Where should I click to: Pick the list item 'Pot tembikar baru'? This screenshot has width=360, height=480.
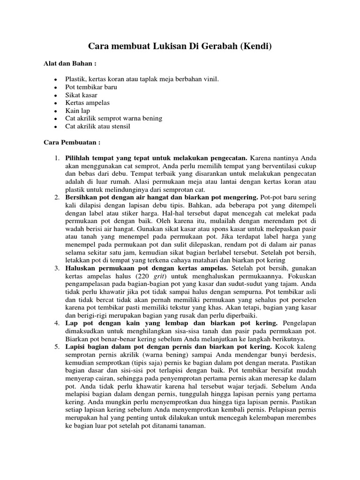(x=91, y=87)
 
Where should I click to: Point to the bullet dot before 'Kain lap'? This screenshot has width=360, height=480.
(x=55, y=111)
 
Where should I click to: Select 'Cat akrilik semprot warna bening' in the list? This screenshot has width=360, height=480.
(x=113, y=119)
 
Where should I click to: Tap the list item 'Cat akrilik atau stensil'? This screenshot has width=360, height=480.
(x=97, y=127)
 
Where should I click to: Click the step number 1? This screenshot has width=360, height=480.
(x=56, y=158)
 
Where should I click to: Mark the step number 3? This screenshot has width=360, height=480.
(x=56, y=268)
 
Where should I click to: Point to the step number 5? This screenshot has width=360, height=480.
(x=56, y=346)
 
